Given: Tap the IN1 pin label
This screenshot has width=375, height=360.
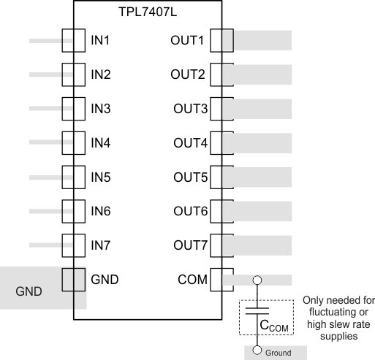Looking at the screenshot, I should click(x=100, y=40).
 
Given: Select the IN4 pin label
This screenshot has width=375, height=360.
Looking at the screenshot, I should click(x=100, y=142).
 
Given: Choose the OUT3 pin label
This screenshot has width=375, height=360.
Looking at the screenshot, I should click(x=189, y=109).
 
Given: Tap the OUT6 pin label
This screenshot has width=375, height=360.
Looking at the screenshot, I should click(x=189, y=211).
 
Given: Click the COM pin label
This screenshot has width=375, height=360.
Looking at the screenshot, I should click(x=192, y=279).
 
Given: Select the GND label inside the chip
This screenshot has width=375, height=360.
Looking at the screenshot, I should click(x=104, y=279).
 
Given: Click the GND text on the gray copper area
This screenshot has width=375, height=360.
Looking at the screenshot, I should click(x=29, y=292).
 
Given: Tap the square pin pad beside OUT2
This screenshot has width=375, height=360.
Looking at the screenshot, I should click(x=221, y=74).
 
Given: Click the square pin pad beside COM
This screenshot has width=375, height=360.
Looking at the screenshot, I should click(x=221, y=279).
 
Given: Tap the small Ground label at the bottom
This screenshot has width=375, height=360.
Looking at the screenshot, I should click(x=277, y=353).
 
